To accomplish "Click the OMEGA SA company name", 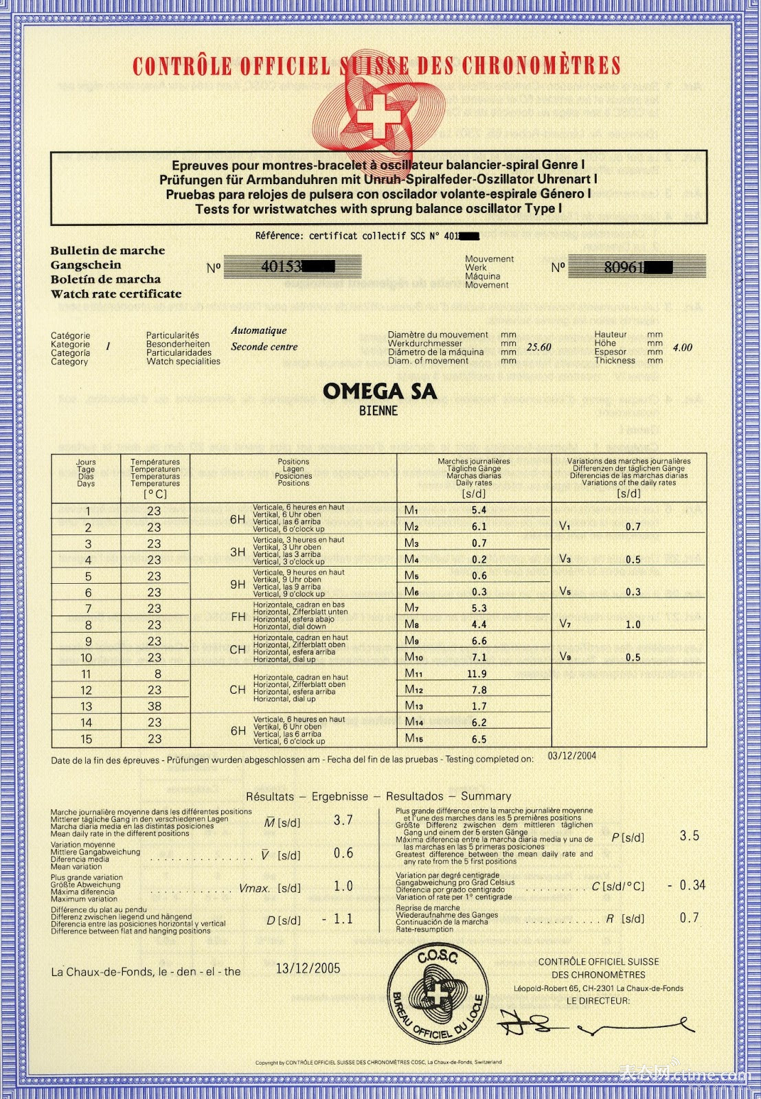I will (379, 392).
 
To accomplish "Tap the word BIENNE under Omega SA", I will (378, 411).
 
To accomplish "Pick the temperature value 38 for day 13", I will (155, 706).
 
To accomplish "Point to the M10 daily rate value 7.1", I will (479, 657).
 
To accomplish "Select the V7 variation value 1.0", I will (633, 624).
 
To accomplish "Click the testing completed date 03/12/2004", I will (572, 756).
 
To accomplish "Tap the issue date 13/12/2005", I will (308, 968).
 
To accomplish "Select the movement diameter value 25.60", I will (538, 348).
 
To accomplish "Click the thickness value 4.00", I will (682, 348).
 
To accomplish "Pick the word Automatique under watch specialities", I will (259, 330).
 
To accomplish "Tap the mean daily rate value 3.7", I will (343, 820).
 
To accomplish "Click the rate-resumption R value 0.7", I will (689, 918).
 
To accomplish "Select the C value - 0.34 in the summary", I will (686, 885).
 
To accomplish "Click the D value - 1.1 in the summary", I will (337, 919).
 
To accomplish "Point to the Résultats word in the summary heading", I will (270, 797).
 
